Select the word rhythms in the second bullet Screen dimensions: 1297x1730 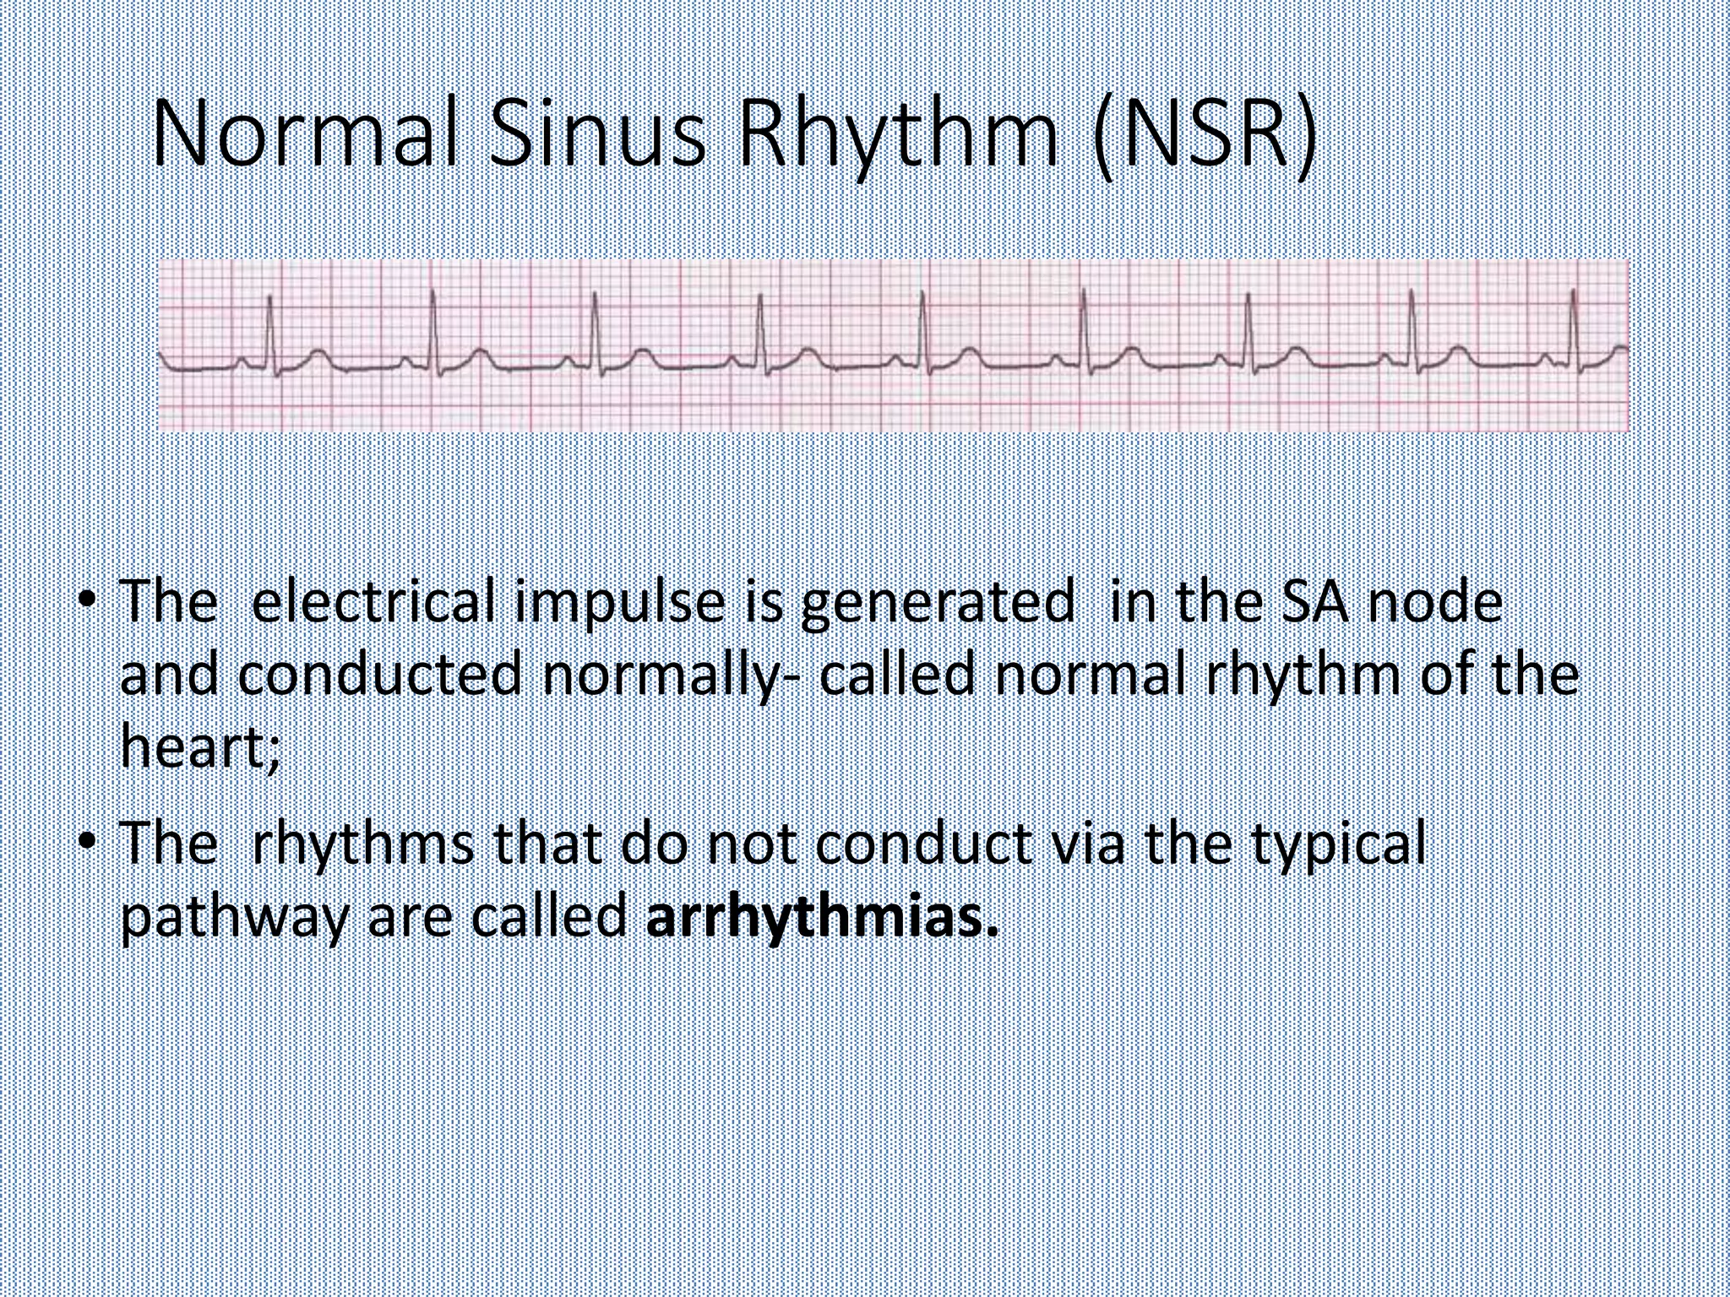coord(363,846)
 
